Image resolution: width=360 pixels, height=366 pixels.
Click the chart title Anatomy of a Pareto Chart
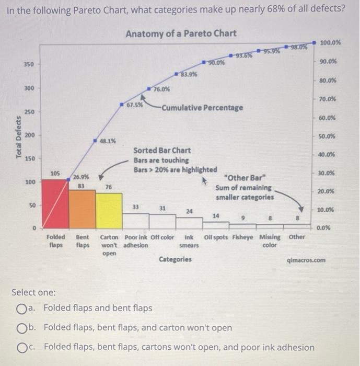181,33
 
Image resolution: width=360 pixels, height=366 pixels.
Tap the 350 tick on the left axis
29,64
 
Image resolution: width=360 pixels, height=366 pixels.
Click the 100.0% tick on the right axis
330,42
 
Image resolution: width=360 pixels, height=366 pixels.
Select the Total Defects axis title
19,137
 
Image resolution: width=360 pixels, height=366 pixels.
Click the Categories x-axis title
175,259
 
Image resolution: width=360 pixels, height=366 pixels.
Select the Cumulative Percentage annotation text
202,108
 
